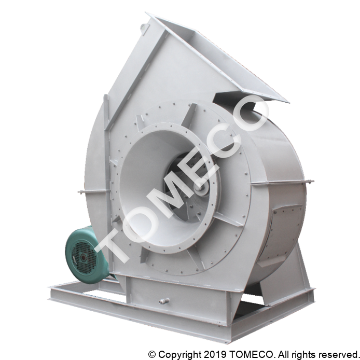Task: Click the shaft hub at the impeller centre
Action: pos(201,187)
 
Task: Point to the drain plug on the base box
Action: pos(164,301)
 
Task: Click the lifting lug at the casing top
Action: pos(144,27)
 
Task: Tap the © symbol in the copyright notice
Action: pos(152,354)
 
